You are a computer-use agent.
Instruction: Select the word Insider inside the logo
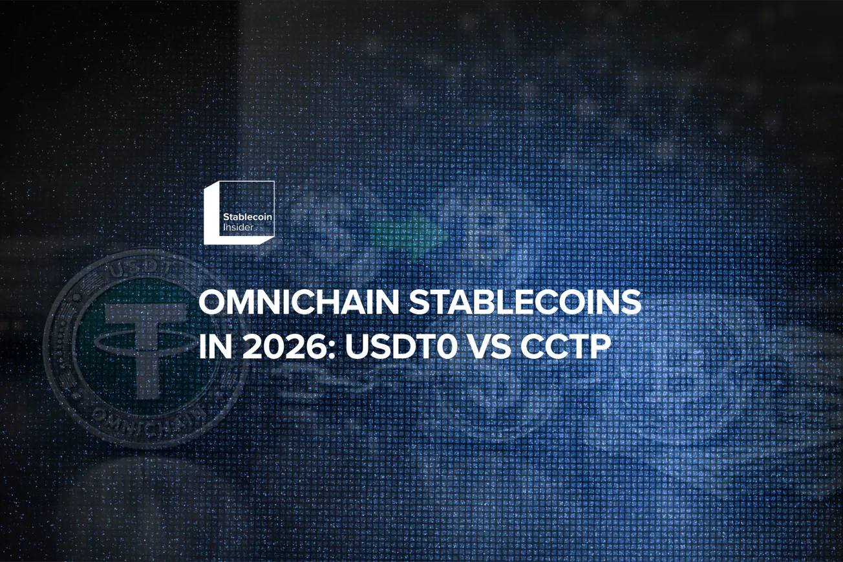point(237,228)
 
